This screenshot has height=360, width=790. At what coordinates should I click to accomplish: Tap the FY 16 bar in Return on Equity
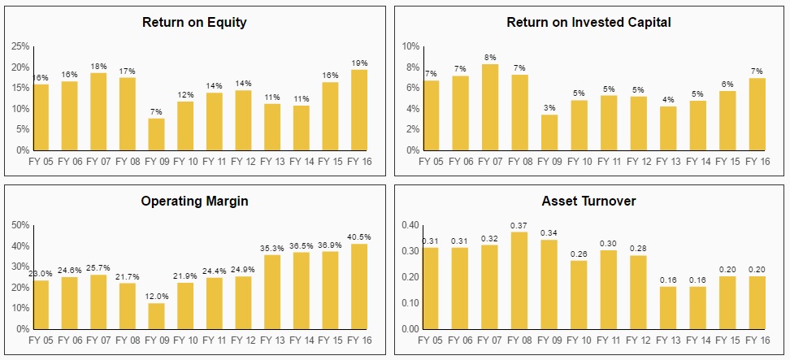click(x=359, y=110)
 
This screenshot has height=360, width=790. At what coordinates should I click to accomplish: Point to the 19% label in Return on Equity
click(x=359, y=63)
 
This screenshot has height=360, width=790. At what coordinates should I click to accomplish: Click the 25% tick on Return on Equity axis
click(x=20, y=46)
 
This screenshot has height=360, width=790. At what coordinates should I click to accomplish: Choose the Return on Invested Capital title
click(x=588, y=22)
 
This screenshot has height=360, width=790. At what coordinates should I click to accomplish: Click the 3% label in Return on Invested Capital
click(x=549, y=107)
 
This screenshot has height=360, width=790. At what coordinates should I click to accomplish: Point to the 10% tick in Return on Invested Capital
click(x=410, y=46)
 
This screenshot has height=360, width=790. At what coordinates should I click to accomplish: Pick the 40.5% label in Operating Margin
click(x=359, y=237)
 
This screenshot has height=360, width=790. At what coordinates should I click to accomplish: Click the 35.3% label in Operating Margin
click(x=271, y=248)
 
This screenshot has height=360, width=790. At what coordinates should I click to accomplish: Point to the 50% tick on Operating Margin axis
click(x=20, y=225)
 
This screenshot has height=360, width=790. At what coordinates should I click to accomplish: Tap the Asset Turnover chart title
click(x=588, y=201)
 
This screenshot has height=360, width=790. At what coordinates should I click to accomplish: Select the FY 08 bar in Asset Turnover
click(x=519, y=280)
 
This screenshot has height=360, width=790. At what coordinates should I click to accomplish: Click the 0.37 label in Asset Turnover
click(x=519, y=225)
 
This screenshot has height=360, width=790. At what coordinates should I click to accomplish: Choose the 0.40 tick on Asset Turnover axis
click(x=409, y=225)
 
